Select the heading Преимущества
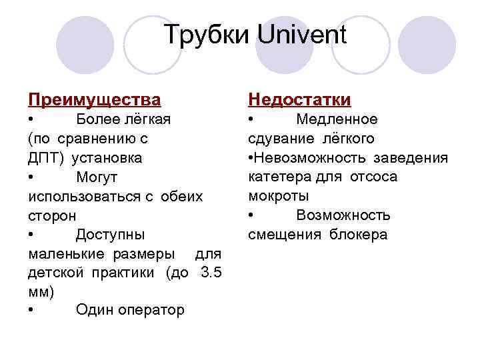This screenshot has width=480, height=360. point(94,100)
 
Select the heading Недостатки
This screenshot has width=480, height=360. point(299,100)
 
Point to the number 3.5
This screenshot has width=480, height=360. point(210,272)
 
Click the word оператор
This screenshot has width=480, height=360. point(151,310)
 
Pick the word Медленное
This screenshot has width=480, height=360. point(337,119)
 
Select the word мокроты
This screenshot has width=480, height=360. point(278,196)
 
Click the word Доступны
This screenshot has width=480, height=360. point(110,234)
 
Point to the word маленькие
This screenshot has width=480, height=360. point(70,253)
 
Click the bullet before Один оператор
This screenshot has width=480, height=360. point(32,310)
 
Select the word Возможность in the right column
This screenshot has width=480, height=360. point(343,215)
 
